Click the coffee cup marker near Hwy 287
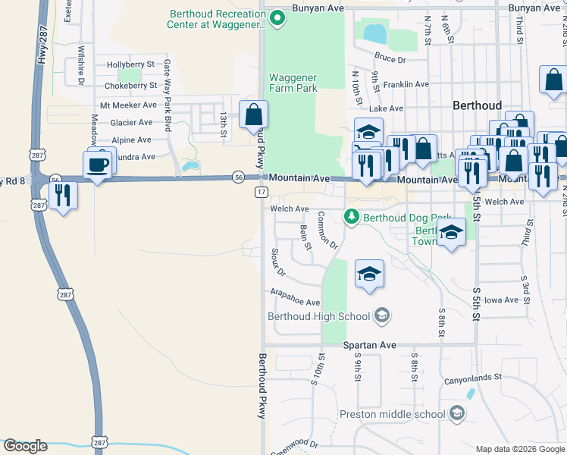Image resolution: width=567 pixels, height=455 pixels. point(99,165)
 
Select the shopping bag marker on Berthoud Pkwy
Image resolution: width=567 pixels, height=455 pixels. point(254,116)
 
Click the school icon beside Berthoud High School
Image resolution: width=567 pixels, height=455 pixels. point(382,316)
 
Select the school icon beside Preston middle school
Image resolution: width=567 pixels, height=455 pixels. point(456,413)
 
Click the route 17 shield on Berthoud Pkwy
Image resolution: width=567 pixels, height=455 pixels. point(260,193)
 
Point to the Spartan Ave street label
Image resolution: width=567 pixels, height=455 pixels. point(370,345)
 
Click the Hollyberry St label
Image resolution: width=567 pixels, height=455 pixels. point(130,65)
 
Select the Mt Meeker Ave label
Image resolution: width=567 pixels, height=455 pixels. point(128,105)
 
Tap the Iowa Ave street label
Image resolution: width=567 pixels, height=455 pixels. point(501,300)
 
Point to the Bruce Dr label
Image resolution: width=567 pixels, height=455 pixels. point(390,58)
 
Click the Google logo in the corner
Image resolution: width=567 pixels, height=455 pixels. point(25,446)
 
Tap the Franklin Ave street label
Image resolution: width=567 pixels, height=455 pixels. point(406,85)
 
